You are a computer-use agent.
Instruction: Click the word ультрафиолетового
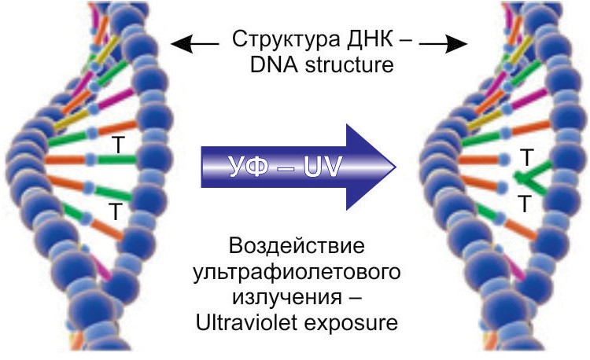tap(296, 274)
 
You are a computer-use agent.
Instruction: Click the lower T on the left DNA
tap(116, 210)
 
